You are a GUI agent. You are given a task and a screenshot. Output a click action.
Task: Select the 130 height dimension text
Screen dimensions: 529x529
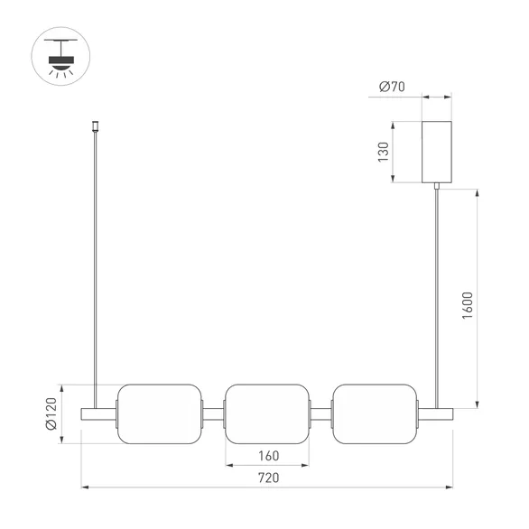click(x=383, y=151)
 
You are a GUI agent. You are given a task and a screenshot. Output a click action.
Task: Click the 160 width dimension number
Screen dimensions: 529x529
click(x=268, y=455)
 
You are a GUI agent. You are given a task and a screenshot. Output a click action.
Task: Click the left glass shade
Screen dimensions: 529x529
click(x=158, y=413)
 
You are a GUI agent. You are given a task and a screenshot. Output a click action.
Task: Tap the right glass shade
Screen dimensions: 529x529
click(x=374, y=413)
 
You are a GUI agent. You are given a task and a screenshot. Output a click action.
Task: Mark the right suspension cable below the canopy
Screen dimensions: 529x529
click(x=438, y=289)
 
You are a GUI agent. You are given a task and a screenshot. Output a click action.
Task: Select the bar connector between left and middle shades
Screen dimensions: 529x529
click(x=212, y=413)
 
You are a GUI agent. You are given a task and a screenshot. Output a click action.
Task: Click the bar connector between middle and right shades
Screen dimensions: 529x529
click(x=320, y=413)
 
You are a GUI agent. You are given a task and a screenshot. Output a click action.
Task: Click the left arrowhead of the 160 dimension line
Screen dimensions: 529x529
click(x=228, y=465)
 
